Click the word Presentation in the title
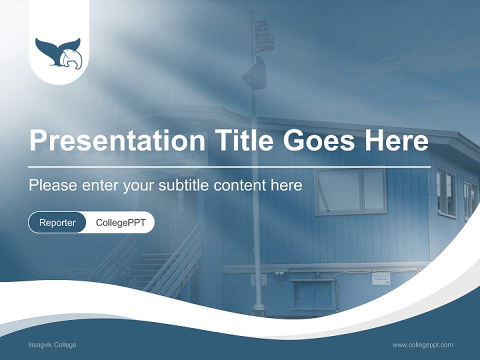(117, 141)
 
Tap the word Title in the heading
(241, 141)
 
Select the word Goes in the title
(320, 141)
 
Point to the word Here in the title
(396, 141)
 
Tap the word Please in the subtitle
(52, 185)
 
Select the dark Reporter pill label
(57, 222)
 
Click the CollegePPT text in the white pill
(120, 222)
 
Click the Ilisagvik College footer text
(52, 345)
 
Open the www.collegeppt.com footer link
(422, 345)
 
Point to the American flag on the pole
(263, 36)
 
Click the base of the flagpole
(258, 309)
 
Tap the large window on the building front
(350, 191)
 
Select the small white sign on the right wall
(381, 278)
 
